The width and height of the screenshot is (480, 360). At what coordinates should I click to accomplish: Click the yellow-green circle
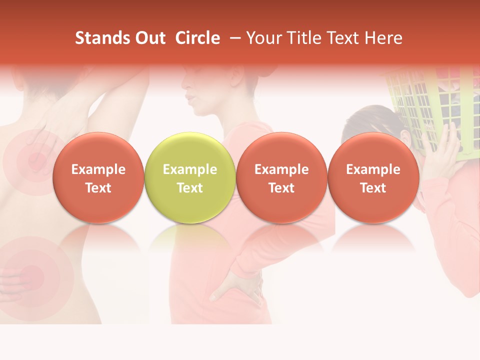click(x=189, y=177)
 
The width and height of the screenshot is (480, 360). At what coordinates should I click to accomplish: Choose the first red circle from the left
click(x=98, y=177)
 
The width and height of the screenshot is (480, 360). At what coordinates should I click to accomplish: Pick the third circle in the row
click(x=281, y=177)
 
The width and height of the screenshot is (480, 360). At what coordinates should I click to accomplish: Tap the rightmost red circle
click(x=373, y=177)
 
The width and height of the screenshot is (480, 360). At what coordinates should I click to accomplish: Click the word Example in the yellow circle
click(x=189, y=169)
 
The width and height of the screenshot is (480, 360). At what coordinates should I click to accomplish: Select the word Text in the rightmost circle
click(x=373, y=188)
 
